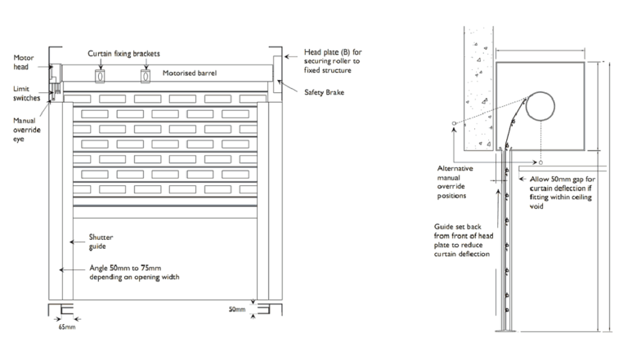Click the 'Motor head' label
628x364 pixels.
(25, 63)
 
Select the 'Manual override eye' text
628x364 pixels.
(25, 127)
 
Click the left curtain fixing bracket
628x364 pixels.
(101, 76)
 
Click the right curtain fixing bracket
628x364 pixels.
(146, 76)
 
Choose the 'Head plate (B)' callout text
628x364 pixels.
(331, 61)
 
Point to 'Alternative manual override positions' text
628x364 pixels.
(455, 181)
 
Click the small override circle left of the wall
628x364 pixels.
(452, 125)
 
